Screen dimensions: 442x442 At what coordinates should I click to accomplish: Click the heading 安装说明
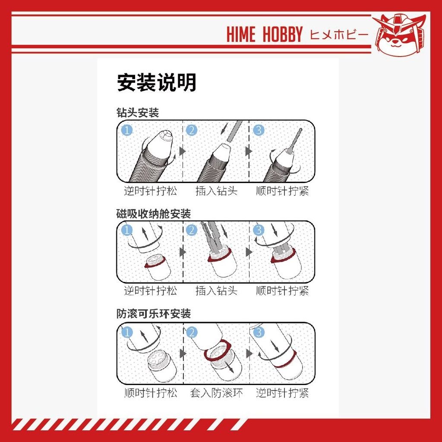tap(156, 82)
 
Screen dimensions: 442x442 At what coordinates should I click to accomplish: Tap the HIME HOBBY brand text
tap(265, 34)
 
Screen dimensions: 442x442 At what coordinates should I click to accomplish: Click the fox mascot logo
tap(399, 35)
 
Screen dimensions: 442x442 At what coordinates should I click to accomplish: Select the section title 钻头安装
tap(138, 113)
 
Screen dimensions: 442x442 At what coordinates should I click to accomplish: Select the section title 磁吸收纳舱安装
tap(154, 214)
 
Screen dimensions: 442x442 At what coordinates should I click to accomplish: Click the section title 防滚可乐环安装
tap(154, 314)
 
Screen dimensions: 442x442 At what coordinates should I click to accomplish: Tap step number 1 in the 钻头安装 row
tap(127, 130)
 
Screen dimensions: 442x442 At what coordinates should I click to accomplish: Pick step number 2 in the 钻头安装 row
tap(192, 130)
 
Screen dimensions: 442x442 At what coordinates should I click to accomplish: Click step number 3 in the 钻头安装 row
tap(259, 130)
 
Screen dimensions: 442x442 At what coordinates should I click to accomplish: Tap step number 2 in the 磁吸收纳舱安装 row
tap(192, 230)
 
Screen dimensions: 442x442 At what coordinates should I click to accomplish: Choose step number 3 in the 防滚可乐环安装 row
tap(259, 332)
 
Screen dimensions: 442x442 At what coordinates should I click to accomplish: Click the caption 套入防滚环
tap(216, 393)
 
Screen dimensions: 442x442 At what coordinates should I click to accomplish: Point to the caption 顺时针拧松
tap(151, 393)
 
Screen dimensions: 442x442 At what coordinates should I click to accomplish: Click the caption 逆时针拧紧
tap(282, 393)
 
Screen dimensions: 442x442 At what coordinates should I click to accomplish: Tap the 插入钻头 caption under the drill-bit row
tap(217, 191)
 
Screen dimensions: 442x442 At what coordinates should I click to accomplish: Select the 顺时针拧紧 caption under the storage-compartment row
tap(282, 290)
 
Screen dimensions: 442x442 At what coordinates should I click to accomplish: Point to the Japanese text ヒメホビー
tap(339, 35)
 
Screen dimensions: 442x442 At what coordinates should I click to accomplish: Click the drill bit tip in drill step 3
tap(300, 129)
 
